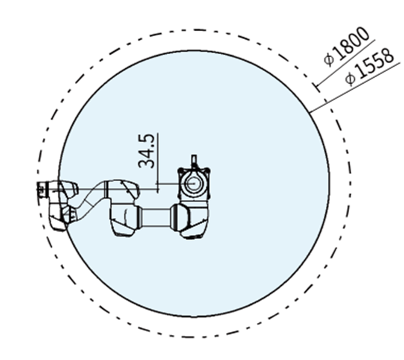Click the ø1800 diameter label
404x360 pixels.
346,47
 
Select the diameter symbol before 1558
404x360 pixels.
351,79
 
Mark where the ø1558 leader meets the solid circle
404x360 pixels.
310,112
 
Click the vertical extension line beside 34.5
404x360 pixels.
158,162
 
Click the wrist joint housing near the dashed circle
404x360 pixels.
60,205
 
